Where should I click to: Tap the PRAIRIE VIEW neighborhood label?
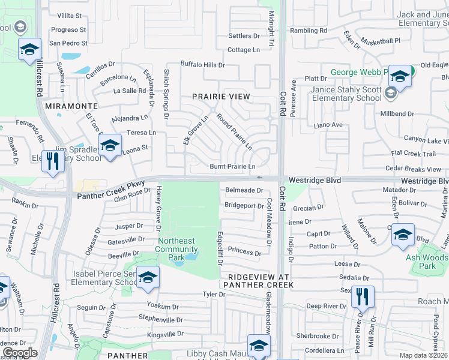point(220,96)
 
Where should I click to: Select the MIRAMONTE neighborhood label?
point(67,106)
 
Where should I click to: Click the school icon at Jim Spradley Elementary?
point(110,146)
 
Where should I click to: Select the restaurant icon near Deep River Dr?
point(362,296)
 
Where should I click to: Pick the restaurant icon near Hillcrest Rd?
point(53,161)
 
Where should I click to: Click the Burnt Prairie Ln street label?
point(232,166)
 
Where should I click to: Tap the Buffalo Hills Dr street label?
point(203,65)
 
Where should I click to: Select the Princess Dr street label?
point(244,253)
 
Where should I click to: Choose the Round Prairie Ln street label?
point(234,132)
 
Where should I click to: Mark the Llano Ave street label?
point(328,125)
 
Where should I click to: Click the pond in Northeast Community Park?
point(191,257)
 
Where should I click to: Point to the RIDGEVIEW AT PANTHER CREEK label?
point(258,281)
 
